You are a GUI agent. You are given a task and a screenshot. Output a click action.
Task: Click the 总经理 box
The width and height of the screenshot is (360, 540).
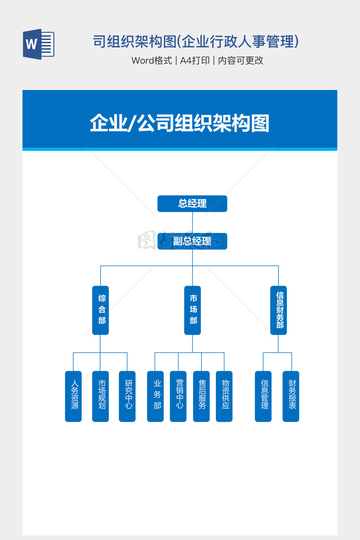coord(192,204)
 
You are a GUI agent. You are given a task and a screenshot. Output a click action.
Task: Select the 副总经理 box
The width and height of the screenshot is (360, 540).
coord(192,241)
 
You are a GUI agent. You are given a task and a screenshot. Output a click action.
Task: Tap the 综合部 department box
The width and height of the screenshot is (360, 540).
coord(101,310)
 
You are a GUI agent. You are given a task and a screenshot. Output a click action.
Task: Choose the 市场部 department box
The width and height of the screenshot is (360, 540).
coord(192,310)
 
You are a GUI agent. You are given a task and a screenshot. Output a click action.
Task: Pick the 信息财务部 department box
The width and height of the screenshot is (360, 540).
coord(278,310)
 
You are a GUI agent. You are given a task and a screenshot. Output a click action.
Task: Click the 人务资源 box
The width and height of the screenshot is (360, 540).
coord(73,396)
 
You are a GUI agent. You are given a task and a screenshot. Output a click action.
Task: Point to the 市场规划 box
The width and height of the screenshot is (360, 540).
coord(101,396)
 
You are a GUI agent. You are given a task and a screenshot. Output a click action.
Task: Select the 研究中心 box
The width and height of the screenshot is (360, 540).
coord(127,396)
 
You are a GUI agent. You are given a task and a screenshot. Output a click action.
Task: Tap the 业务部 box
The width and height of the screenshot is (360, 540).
coord(155,396)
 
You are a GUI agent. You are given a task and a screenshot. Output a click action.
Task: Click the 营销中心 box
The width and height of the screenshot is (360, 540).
coord(178,396)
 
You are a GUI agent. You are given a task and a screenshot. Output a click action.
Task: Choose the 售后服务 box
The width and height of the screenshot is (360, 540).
coord(201,396)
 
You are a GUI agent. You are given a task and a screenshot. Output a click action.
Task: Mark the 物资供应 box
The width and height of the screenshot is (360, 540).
coord(224,396)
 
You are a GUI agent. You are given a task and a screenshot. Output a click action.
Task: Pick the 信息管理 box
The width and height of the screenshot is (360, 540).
coord(263,396)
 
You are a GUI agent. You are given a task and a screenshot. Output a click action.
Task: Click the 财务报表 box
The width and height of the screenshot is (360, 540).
coord(291,396)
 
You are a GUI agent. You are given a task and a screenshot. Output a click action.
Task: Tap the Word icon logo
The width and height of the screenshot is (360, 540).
coord(38,44)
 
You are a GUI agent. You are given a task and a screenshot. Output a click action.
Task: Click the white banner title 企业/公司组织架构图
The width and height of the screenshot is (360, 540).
coord(180,123)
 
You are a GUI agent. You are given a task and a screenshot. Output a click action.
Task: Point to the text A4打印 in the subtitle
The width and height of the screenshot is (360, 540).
coord(195,60)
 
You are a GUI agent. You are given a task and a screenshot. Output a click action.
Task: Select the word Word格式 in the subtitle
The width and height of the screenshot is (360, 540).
coord(152,60)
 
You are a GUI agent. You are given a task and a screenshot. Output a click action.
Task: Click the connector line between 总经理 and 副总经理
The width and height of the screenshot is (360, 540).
coord(192,222)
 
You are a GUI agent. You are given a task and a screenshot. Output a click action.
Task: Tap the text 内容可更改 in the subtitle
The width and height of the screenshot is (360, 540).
coord(241,60)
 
